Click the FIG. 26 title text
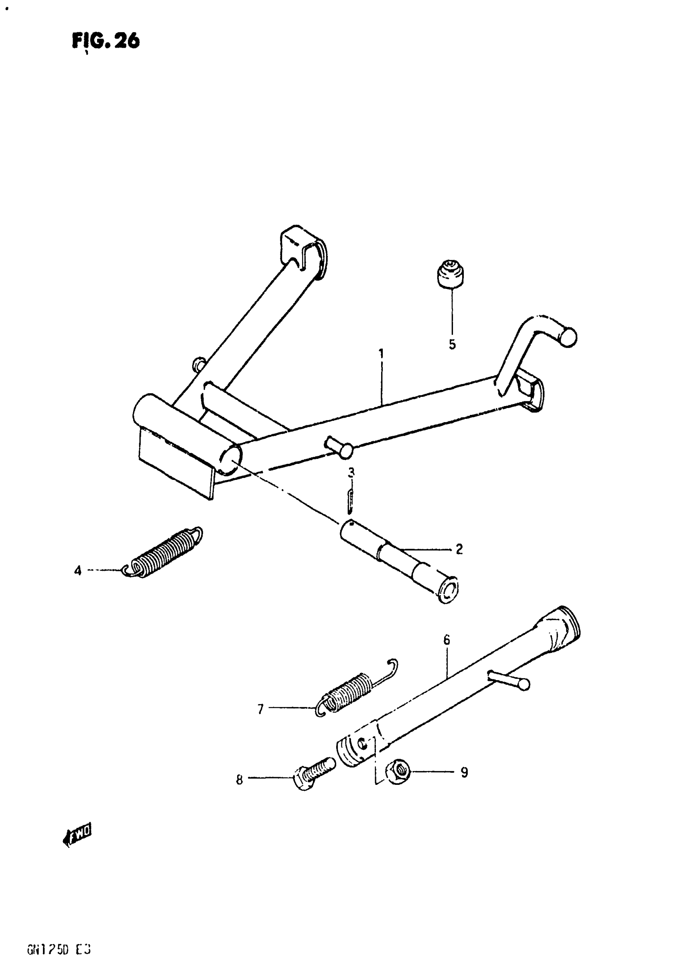pos(106,41)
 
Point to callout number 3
pos(351,473)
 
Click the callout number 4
pos(78,571)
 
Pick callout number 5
pos(452,344)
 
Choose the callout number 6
pos(447,640)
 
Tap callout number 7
pos(260,709)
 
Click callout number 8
pos(239,780)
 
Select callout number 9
pos(464,772)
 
